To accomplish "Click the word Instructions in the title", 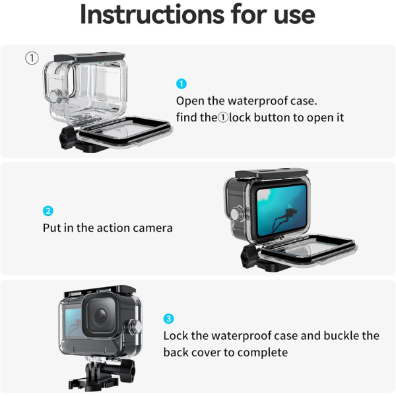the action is coord(152,15).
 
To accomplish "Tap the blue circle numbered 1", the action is coord(181,84).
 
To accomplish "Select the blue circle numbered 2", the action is coord(48,211).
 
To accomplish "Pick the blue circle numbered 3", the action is coord(168,319).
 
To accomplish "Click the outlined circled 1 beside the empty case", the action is coord(32,58).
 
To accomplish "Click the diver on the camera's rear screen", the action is coord(284,219).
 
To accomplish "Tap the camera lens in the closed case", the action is coord(101,315).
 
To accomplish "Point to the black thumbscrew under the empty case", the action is coord(67,138).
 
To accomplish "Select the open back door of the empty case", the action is coord(125,131).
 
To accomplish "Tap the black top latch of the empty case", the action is coord(90,57).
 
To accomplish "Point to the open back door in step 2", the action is coord(308,249).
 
